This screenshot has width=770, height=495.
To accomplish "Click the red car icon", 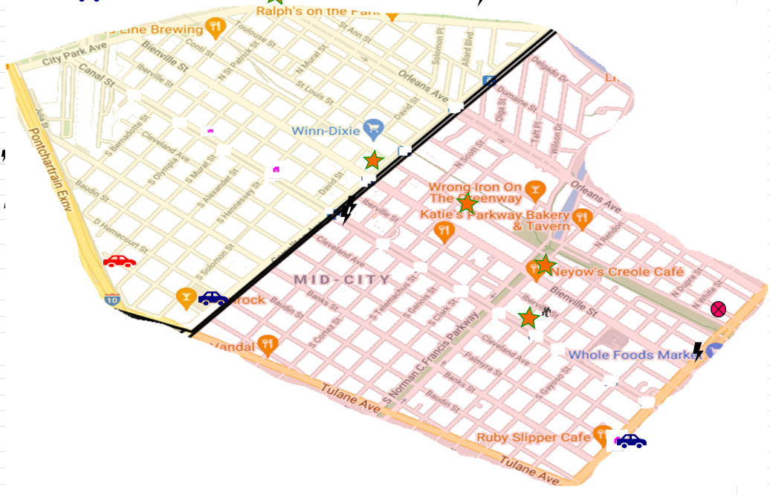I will [x=119, y=261].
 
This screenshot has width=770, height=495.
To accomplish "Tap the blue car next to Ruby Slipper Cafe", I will [x=631, y=441].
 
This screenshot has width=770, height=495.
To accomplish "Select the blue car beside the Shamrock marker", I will [x=213, y=298].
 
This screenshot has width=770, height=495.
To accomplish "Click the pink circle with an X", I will [x=718, y=309].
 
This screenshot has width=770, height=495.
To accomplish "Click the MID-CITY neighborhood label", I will [x=342, y=280].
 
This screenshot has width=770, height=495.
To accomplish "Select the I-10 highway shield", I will [x=111, y=300].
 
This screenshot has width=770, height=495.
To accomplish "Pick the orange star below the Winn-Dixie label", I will [x=373, y=160].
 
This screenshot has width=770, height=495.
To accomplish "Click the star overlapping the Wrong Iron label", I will [x=467, y=203].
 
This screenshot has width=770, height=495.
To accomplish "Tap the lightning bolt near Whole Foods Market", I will [x=697, y=351].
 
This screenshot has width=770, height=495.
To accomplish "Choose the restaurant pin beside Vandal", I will [x=268, y=344].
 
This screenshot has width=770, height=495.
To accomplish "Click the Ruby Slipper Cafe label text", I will [x=533, y=437].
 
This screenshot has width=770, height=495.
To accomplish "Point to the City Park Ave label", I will [x=75, y=55].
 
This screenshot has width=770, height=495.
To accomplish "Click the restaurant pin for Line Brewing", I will [x=216, y=28].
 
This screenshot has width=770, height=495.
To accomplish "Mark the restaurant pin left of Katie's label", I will [x=444, y=231].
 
